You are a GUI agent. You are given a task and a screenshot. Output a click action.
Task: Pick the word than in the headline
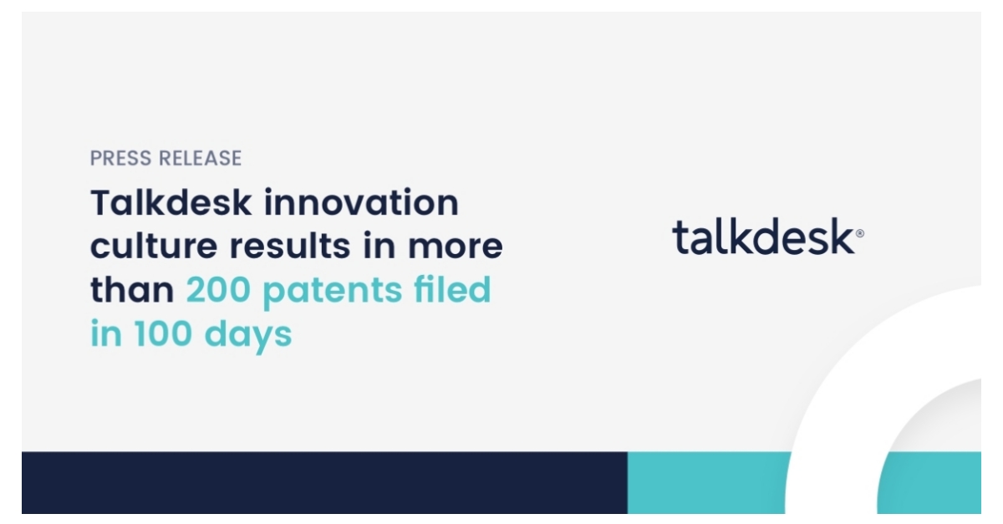click(x=132, y=290)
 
